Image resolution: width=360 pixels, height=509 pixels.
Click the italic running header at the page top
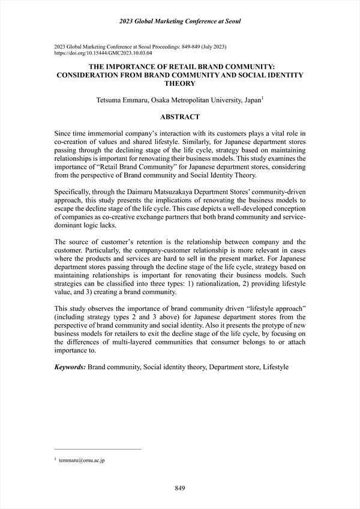click(x=179, y=22)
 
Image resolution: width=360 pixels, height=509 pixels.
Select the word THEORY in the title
click(x=180, y=84)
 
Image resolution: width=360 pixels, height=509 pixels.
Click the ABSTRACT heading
click(x=179, y=117)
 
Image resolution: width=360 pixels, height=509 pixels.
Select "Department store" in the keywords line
click(x=234, y=366)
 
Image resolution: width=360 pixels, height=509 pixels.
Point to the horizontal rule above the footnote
click(x=97, y=448)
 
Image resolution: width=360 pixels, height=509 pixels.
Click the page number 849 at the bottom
click(x=179, y=489)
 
